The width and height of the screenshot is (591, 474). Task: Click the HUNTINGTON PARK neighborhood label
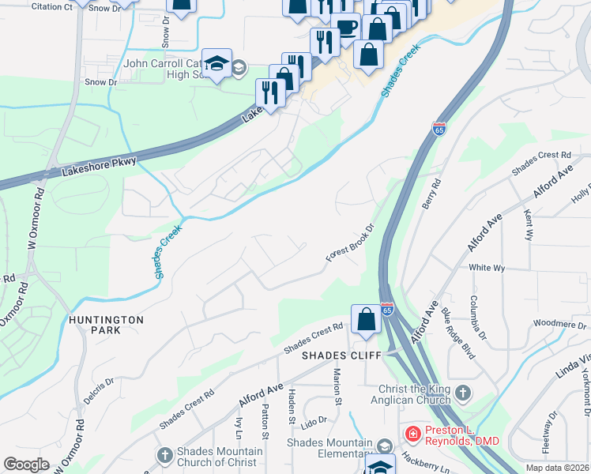tap(106, 325)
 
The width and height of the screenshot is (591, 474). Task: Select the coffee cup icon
tap(345, 28)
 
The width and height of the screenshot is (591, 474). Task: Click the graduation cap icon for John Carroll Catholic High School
tap(216, 63)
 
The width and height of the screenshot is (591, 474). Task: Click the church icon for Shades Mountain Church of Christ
tap(164, 456)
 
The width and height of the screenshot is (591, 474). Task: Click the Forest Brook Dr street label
tap(348, 246)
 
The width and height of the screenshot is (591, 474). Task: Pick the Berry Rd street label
tap(431, 194)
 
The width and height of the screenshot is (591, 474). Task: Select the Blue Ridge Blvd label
tap(457, 333)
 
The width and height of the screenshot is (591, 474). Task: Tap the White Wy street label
tap(487, 268)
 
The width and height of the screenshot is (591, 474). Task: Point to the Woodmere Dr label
tap(559, 322)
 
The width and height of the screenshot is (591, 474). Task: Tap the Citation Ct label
tap(53, 6)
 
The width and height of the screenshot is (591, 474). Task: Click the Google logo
tap(27, 464)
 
